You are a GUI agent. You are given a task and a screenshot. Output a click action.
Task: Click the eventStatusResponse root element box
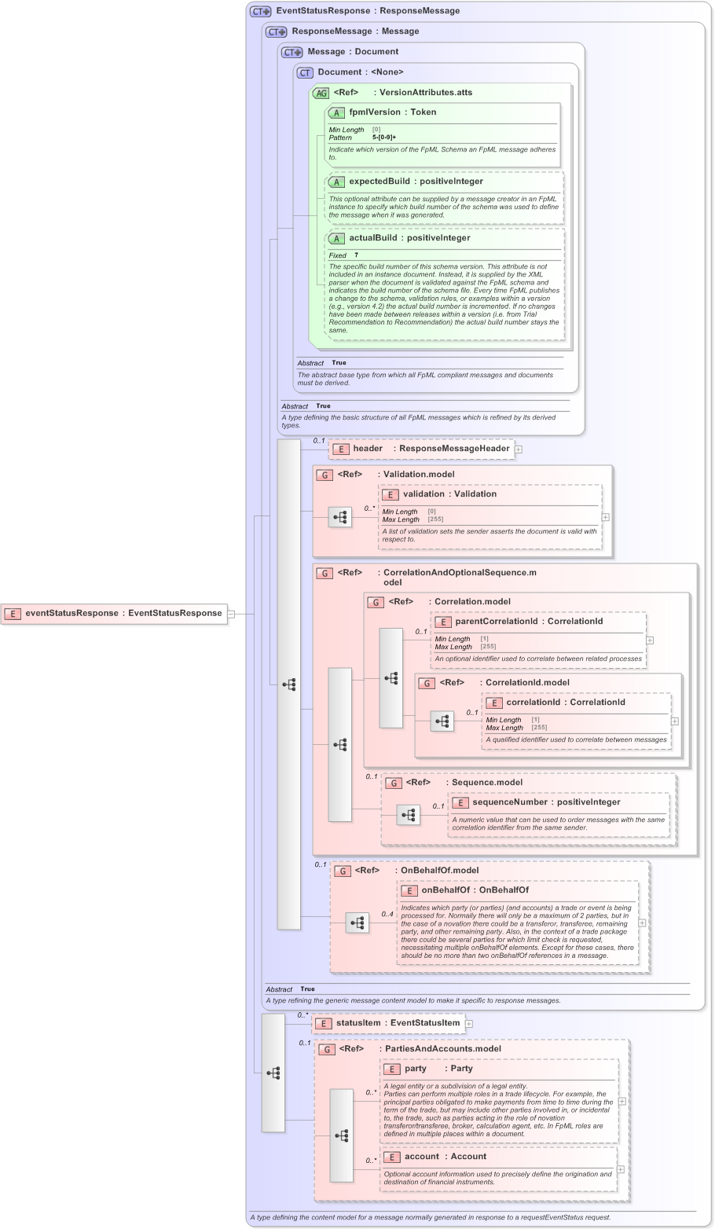tap(114, 614)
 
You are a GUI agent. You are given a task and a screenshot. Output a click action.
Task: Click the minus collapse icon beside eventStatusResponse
tap(231, 614)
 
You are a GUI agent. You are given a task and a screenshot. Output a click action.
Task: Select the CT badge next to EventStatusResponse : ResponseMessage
tap(260, 11)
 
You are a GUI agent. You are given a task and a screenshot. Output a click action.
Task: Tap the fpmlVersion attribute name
tap(375, 112)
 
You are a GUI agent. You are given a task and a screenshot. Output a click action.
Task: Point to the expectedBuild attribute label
tap(379, 182)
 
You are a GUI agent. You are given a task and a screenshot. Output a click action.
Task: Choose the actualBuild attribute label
tap(373, 238)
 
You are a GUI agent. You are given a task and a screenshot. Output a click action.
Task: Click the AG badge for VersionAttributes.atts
tap(321, 93)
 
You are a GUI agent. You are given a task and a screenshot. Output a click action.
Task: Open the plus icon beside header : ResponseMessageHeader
tap(519, 449)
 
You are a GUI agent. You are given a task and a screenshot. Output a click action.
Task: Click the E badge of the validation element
tap(390, 494)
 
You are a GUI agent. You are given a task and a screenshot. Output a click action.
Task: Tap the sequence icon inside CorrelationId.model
tap(442, 721)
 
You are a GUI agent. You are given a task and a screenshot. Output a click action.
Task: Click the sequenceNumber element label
tap(513, 802)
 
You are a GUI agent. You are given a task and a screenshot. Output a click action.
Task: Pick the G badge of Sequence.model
tap(394, 783)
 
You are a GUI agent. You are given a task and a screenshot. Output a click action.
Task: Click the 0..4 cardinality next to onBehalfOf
tap(387, 914)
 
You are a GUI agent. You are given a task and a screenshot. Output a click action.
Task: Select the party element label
tap(416, 1069)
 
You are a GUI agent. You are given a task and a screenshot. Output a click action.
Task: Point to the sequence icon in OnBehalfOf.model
tap(357, 923)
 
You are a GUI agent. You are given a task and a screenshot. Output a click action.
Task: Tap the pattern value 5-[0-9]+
tap(384, 138)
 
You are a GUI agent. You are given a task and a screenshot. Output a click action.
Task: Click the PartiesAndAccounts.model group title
tap(442, 1049)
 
